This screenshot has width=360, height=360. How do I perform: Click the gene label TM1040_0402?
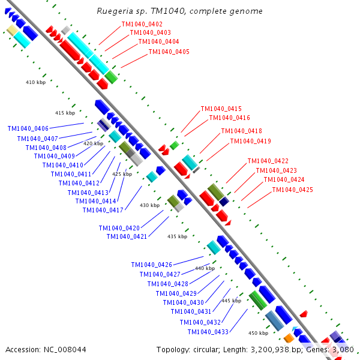(x=142, y=24)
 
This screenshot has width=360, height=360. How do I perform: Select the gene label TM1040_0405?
(x=169, y=52)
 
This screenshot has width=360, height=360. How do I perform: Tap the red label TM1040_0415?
(x=221, y=109)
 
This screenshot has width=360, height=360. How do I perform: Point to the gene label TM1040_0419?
(x=250, y=142)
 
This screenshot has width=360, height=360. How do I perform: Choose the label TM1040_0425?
(x=292, y=190)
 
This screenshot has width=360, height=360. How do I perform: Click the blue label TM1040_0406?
(x=28, y=128)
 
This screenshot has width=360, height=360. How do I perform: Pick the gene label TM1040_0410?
(x=62, y=165)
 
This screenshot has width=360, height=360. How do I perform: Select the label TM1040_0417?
(x=103, y=210)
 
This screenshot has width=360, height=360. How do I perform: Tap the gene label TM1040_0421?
(x=127, y=236)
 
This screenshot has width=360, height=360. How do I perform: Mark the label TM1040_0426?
(x=151, y=265)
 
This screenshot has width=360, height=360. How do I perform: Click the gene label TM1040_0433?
(x=208, y=332)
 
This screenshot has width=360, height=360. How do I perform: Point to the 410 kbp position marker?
(x=35, y=82)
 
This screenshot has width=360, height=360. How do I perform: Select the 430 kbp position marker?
(x=149, y=205)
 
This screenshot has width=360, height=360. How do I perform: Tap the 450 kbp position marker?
(x=258, y=333)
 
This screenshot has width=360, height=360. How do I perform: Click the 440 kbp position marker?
(x=205, y=268)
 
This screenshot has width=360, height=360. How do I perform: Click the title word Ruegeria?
(x=114, y=11)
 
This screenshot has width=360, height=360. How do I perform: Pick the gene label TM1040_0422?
(x=268, y=161)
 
